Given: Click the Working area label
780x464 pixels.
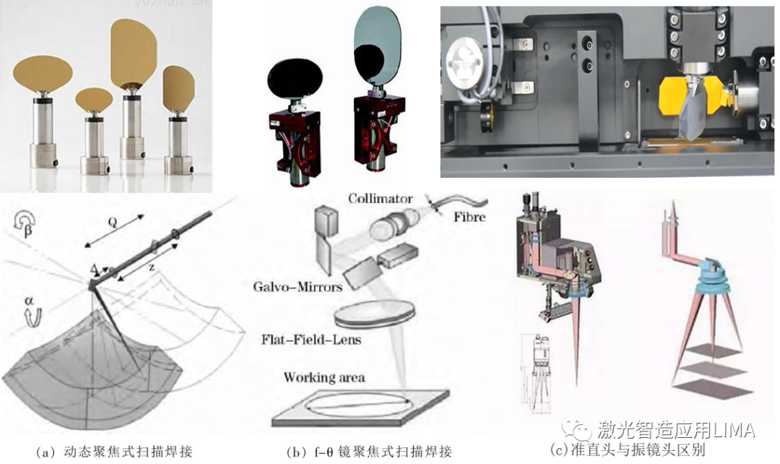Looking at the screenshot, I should (x=324, y=377).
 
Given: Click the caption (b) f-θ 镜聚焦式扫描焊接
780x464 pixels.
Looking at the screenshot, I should (x=368, y=452).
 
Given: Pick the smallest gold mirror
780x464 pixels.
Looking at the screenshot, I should (x=94, y=99).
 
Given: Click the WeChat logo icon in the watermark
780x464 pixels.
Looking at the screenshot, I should (x=578, y=431).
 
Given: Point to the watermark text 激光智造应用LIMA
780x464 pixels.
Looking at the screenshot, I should (x=676, y=431).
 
